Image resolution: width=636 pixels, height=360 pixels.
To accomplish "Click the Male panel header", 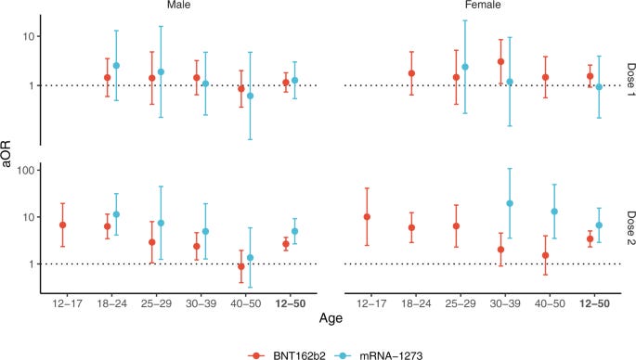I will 169,6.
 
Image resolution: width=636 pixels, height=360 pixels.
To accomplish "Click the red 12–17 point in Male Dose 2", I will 62,225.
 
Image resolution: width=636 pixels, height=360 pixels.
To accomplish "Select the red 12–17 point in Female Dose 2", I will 369,217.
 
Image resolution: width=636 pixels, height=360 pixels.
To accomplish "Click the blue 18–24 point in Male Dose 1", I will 116,66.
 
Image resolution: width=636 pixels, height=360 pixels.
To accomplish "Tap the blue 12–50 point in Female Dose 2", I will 599,225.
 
